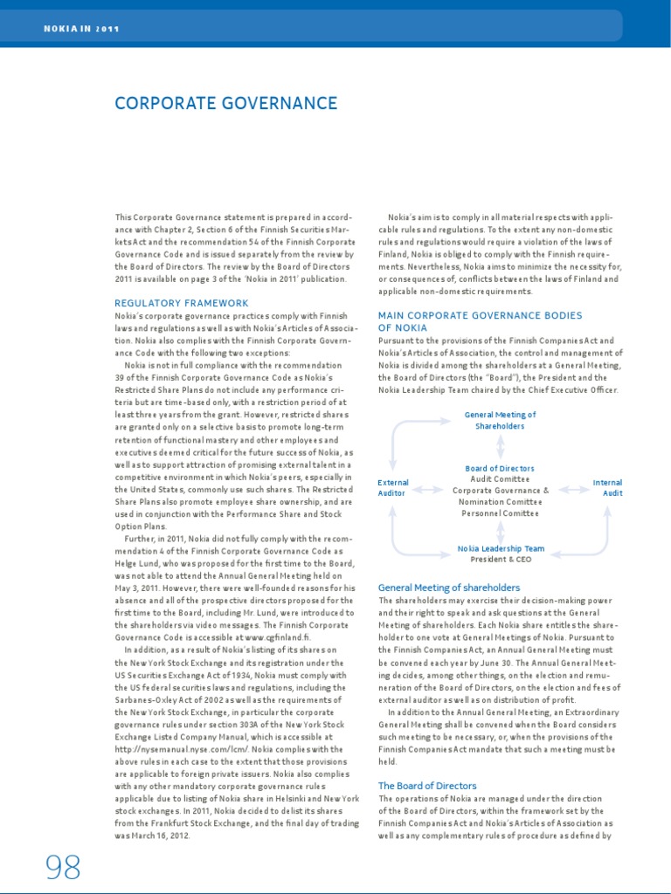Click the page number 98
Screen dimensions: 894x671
click(x=63, y=867)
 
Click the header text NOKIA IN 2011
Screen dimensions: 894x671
click(x=81, y=29)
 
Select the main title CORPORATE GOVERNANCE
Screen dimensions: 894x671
click(x=225, y=104)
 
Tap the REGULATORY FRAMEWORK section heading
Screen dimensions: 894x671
click(x=182, y=303)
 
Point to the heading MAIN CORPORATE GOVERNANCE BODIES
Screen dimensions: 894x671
click(x=480, y=315)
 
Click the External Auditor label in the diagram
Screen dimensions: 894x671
click(x=392, y=488)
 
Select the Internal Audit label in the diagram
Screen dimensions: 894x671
click(x=607, y=488)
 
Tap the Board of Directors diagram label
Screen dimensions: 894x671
click(x=500, y=469)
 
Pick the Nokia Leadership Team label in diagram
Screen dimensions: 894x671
click(x=501, y=548)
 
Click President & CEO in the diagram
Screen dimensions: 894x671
click(x=501, y=559)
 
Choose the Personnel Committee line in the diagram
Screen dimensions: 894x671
click(x=501, y=514)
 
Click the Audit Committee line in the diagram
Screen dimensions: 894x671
click(x=500, y=479)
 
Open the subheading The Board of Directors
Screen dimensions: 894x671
click(x=427, y=786)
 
